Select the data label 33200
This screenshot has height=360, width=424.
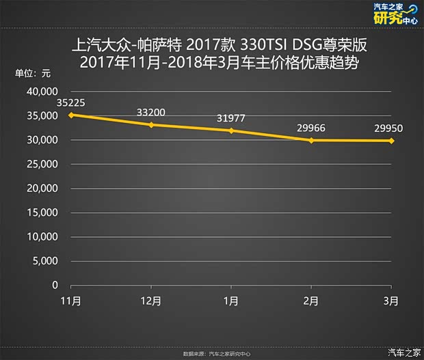click(151, 112)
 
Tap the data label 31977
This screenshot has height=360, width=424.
click(231, 119)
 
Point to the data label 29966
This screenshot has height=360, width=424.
click(311, 128)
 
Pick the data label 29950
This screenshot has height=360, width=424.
click(391, 128)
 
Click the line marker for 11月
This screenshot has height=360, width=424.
click(71, 115)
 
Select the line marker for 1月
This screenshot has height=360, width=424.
click(231, 130)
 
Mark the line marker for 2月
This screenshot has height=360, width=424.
click(311, 140)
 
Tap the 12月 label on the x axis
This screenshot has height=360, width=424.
click(151, 301)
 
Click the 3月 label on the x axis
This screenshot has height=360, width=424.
click(391, 301)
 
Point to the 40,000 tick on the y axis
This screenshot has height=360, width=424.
click(42, 92)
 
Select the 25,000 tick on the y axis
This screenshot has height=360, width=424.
click(42, 165)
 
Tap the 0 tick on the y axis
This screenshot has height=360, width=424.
click(55, 286)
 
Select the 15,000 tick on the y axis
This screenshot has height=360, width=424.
click(42, 213)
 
